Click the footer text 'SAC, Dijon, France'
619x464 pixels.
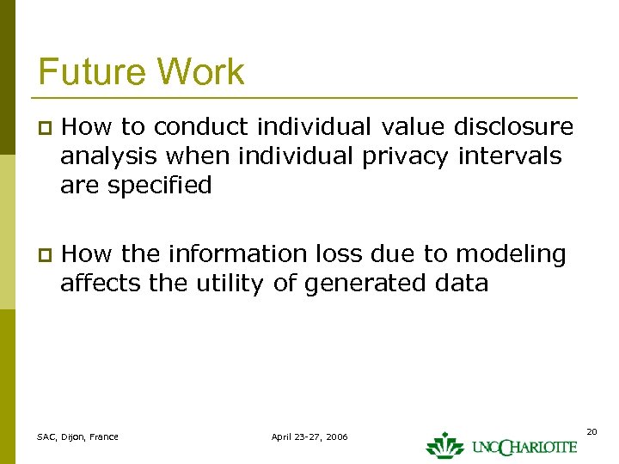pos(78,437)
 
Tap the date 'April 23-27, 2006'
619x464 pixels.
pos(309,437)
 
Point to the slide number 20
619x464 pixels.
pos(591,431)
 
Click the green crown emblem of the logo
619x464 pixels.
pos(444,444)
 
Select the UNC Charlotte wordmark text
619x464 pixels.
pos(524,447)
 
